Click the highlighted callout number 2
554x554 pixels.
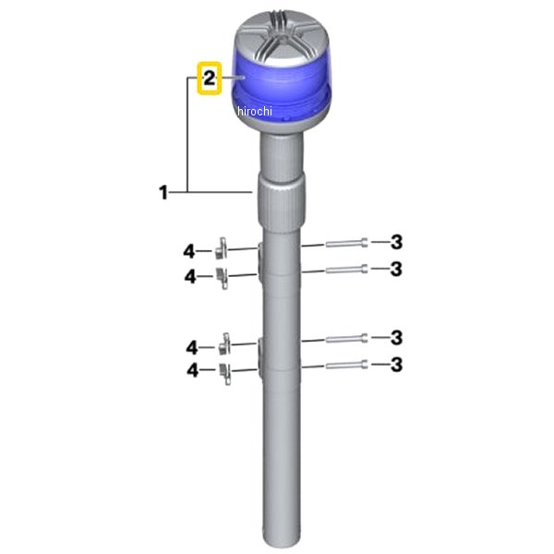tap(210, 78)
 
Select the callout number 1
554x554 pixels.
tap(163, 193)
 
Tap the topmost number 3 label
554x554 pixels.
tap(396, 242)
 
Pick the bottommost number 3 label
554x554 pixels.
tap(396, 365)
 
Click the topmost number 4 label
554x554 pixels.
tap(189, 252)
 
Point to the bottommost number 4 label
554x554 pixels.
tap(193, 370)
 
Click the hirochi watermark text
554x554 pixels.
tap(255, 112)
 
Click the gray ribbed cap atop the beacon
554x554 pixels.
tap(282, 39)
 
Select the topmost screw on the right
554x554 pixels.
tap(346, 243)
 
